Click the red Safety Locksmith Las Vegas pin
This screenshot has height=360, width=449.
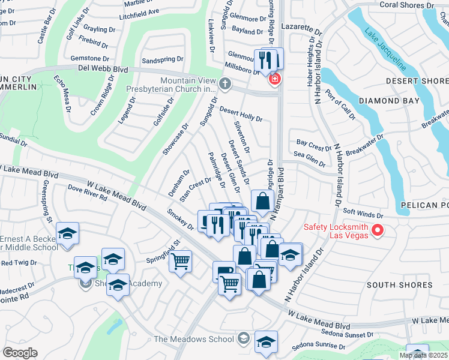click(x=378, y=230)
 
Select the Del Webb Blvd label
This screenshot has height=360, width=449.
click(x=103, y=70)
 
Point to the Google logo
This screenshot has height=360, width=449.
click(x=20, y=353)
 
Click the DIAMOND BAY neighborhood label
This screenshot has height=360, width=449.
click(x=390, y=101)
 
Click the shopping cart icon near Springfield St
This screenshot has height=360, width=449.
click(x=180, y=262)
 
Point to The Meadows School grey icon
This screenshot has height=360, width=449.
click(x=243, y=339)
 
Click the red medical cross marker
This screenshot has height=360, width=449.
click(x=275, y=79)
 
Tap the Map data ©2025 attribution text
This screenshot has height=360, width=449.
click(x=423, y=355)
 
